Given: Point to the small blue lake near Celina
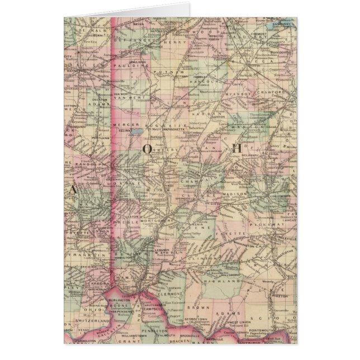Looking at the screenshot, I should [136, 133].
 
